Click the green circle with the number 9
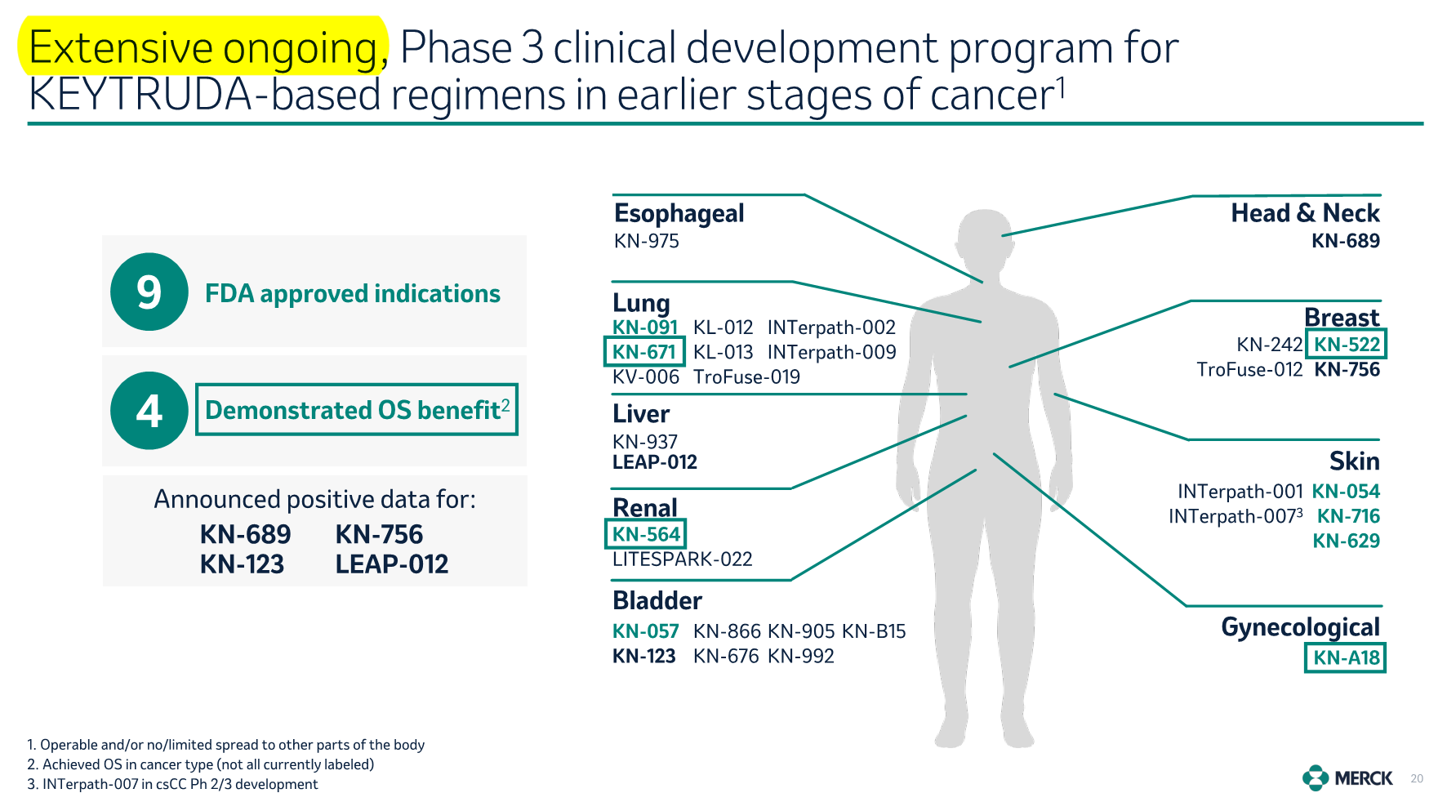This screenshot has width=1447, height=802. click(149, 292)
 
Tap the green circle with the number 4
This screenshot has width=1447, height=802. click(149, 410)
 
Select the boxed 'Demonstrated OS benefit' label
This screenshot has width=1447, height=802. click(357, 409)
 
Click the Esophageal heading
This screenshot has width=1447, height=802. click(679, 214)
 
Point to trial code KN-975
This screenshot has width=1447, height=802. click(646, 241)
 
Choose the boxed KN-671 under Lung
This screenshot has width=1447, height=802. click(644, 352)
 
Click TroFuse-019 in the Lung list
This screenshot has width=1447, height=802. click(746, 376)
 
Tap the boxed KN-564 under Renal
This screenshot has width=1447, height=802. click(645, 534)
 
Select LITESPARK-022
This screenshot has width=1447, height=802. click(682, 559)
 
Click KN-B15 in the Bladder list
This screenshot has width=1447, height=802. click(874, 631)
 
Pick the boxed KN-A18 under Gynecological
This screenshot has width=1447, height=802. click(1346, 657)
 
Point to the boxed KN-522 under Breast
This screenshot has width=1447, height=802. click(1347, 345)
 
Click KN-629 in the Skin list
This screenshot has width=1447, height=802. click(1346, 541)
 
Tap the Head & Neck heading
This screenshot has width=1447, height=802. click(1305, 213)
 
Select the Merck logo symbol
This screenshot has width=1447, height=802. click(1315, 778)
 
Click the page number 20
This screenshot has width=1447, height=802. click(1417, 779)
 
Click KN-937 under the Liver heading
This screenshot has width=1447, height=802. click(645, 442)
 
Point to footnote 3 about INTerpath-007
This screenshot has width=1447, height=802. click(172, 784)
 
